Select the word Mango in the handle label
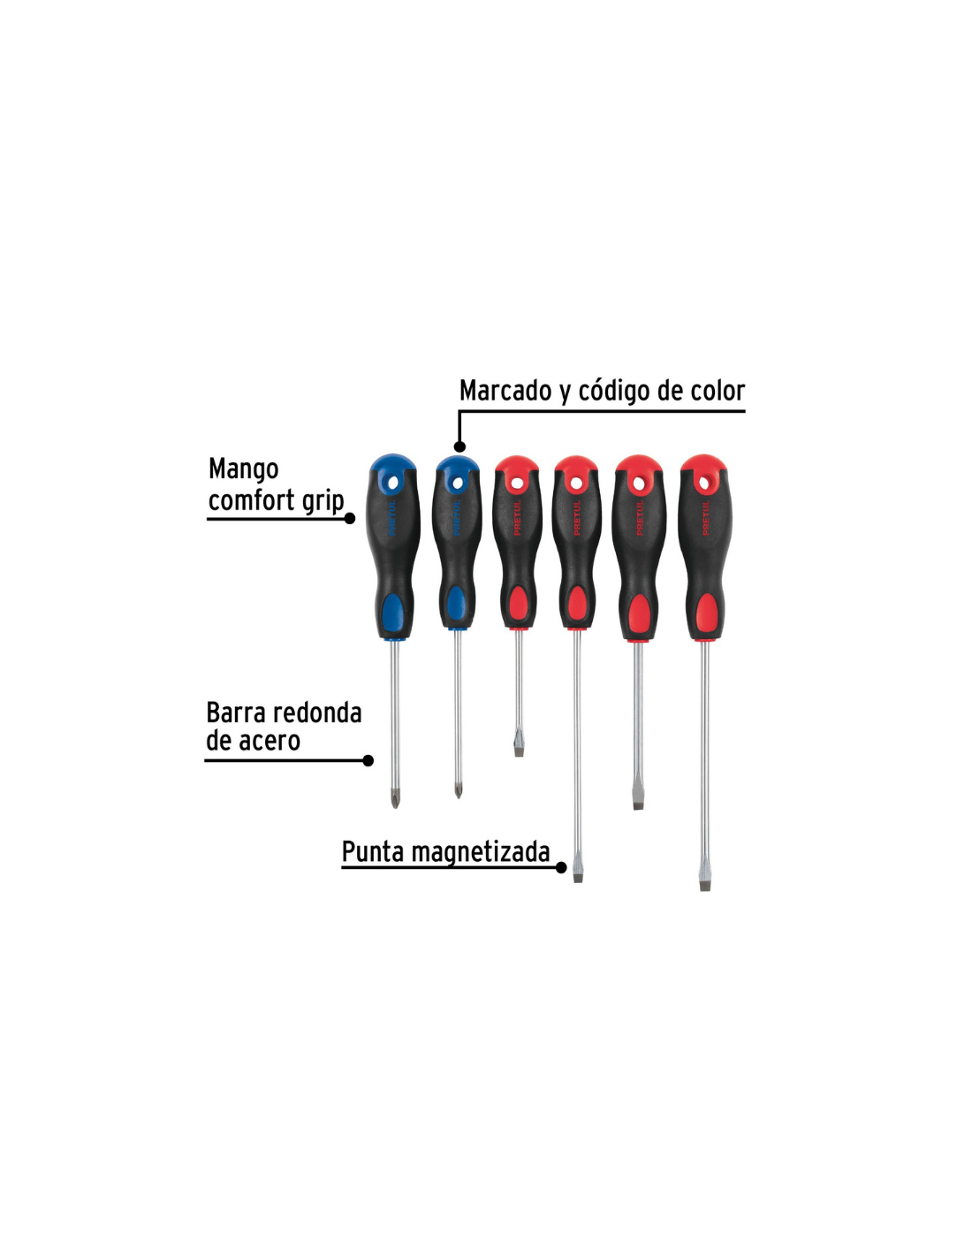point(243,469)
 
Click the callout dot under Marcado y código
point(459,446)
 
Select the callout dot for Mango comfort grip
point(349,519)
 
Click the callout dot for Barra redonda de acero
point(368,761)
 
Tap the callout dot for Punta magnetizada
point(561,868)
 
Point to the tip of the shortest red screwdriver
point(519,750)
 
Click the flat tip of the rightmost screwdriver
point(705,883)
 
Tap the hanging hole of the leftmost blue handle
point(394,481)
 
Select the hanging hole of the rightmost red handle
point(703,482)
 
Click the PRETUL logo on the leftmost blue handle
point(392,518)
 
